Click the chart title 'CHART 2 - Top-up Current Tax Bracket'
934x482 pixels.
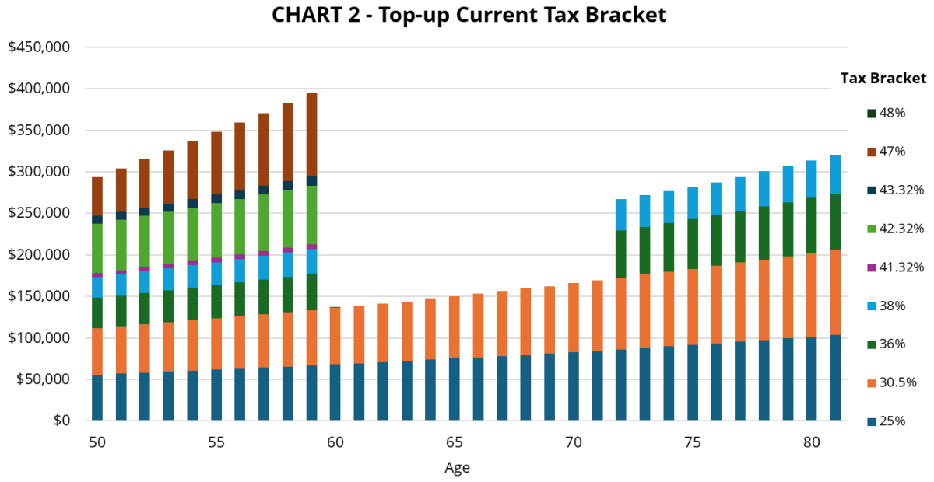point(469,15)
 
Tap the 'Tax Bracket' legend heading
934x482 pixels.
point(883,79)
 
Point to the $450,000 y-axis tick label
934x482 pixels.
point(39,47)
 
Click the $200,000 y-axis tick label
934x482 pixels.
point(39,255)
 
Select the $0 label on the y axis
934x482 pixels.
point(59,421)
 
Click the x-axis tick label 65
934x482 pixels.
point(455,442)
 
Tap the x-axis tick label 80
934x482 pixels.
point(812,442)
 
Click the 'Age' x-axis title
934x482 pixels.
point(457,468)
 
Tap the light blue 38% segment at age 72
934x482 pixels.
point(621,215)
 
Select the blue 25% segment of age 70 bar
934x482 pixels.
point(574,386)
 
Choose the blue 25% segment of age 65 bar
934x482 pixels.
point(455,389)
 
